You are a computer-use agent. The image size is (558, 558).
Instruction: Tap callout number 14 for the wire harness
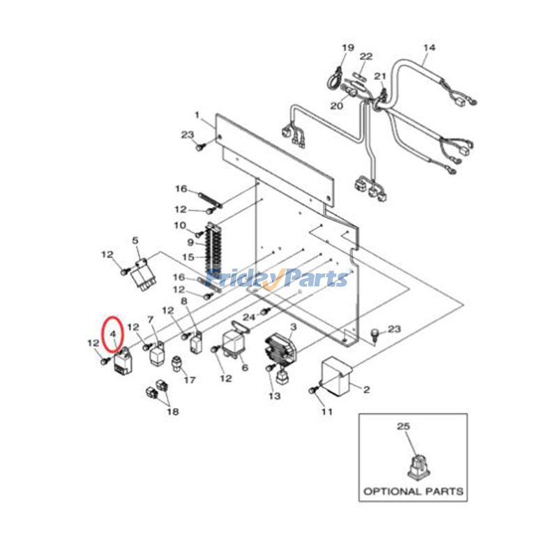click(429, 47)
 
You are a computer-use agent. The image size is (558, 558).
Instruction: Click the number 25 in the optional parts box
click(404, 425)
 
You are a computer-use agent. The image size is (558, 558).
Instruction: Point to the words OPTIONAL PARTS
click(412, 491)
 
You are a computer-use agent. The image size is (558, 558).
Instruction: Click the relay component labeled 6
click(234, 341)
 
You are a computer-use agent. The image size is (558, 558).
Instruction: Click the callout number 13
click(274, 396)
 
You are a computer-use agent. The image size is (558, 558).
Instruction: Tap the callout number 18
click(172, 412)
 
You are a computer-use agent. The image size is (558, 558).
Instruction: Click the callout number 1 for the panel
click(197, 114)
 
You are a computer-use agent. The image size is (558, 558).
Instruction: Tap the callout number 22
click(366, 56)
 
